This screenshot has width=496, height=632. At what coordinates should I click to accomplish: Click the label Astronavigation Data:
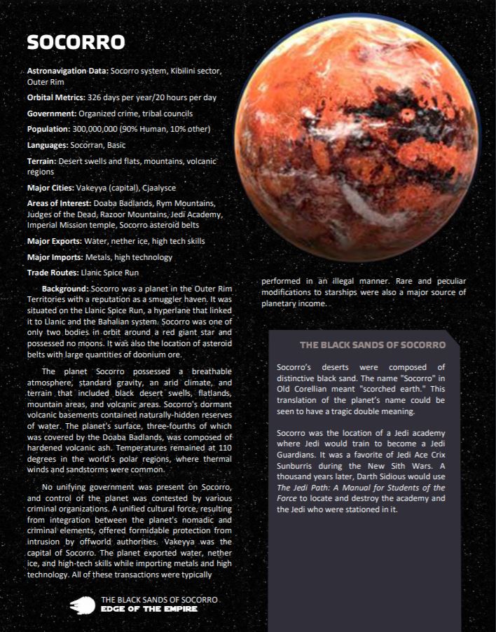click(x=67, y=71)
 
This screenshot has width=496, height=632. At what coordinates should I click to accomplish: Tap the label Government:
click(x=52, y=114)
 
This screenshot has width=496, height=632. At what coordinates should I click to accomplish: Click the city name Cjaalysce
click(x=159, y=188)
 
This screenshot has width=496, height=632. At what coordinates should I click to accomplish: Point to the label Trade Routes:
click(x=53, y=273)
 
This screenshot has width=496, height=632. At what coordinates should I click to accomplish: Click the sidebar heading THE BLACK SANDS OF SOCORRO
click(x=373, y=345)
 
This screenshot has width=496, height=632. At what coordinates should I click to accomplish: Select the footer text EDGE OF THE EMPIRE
click(x=149, y=609)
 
